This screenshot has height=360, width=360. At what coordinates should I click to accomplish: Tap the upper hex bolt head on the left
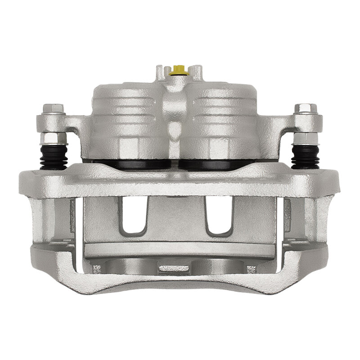54,108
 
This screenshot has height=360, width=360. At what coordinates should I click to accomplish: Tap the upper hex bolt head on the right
306,108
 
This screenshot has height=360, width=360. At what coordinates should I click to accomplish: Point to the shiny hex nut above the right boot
306,137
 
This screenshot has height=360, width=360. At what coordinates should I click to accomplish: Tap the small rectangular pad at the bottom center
173,268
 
